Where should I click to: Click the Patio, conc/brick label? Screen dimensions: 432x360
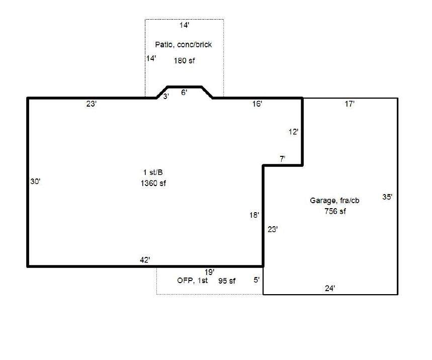pyautogui.click(x=184, y=45)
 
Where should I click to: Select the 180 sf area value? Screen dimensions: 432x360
pyautogui.click(x=184, y=61)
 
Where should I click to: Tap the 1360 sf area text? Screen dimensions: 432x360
pyautogui.click(x=153, y=183)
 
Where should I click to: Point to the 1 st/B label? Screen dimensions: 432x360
pyautogui.click(x=153, y=172)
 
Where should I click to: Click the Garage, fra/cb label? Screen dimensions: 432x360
pyautogui.click(x=334, y=201)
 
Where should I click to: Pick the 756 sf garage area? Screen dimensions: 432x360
pyautogui.click(x=335, y=211)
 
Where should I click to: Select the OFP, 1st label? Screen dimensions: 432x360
pyautogui.click(x=192, y=281)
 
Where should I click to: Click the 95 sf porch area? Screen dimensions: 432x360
pyautogui.click(x=227, y=281)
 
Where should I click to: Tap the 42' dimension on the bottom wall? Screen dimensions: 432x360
pyautogui.click(x=145, y=260)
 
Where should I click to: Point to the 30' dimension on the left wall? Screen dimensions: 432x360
pyautogui.click(x=35, y=182)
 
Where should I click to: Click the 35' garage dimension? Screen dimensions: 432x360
pyautogui.click(x=387, y=197)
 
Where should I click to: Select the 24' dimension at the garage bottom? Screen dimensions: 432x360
pyautogui.click(x=330, y=289)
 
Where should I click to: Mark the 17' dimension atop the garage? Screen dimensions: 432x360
pyautogui.click(x=350, y=104)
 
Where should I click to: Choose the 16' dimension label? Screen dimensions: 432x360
pyautogui.click(x=257, y=104)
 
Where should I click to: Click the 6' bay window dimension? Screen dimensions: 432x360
pyautogui.click(x=184, y=93)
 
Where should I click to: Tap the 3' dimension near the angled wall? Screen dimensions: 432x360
pyautogui.click(x=166, y=97)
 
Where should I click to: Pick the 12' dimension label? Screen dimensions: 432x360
pyautogui.click(x=293, y=132)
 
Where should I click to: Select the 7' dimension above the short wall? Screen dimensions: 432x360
pyautogui.click(x=283, y=159)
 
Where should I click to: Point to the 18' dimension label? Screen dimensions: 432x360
pyautogui.click(x=254, y=215)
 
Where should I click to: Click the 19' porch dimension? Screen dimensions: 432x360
pyautogui.click(x=209, y=272)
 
